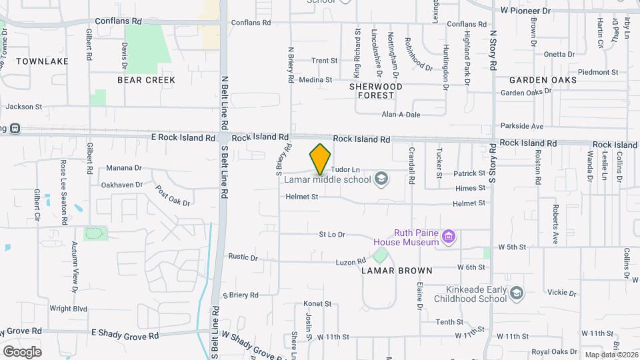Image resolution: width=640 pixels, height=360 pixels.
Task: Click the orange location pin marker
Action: click(x=321, y=159)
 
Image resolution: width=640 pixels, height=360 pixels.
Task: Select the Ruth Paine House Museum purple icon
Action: click(x=449, y=237)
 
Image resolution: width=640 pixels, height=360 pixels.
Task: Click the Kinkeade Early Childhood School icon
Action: click(x=517, y=293)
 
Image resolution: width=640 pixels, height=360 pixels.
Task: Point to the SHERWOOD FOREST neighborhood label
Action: click(x=376, y=91)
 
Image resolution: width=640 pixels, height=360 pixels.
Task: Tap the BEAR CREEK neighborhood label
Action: click(x=146, y=80)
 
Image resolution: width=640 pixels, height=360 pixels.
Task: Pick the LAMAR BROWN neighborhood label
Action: click(x=397, y=271)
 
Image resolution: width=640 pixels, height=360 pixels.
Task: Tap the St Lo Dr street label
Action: click(x=331, y=235)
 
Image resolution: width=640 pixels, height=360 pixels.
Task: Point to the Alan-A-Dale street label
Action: click(x=401, y=115)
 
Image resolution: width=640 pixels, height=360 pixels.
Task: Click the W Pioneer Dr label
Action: click(x=525, y=11)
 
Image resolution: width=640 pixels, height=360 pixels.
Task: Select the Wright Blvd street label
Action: click(x=69, y=309)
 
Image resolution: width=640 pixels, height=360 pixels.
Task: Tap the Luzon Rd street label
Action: click(x=351, y=262)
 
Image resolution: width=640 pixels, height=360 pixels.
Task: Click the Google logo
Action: click(x=22, y=351)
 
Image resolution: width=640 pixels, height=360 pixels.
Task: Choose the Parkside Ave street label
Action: click(x=523, y=126)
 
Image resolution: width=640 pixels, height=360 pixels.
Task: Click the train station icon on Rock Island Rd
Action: click(x=14, y=129)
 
